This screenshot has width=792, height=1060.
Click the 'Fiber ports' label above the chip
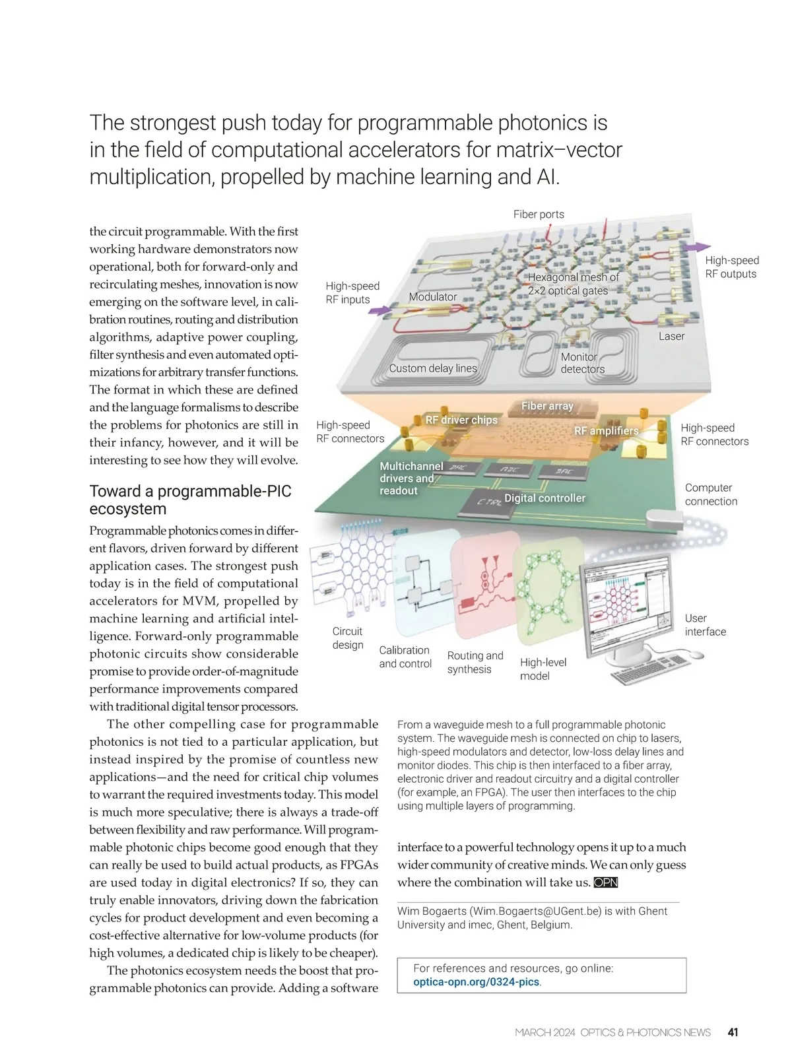[539, 215]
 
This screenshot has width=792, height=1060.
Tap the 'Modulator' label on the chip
[432, 297]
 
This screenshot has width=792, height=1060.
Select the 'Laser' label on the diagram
[671, 337]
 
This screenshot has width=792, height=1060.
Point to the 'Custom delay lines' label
[433, 368]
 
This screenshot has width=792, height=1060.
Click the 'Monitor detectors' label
[582, 363]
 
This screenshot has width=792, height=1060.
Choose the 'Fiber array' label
[547, 406]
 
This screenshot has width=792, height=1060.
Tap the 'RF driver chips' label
[461, 420]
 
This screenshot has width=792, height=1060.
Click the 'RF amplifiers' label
[606, 431]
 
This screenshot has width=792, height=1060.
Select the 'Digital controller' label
[544, 498]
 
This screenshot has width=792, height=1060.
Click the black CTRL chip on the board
[489, 502]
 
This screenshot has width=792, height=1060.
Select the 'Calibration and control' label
[405, 657]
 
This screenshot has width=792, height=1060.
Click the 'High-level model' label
[543, 669]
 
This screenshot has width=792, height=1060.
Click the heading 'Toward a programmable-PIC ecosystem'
[190, 500]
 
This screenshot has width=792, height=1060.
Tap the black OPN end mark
[605, 883]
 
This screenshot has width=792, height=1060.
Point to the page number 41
[733, 1032]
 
